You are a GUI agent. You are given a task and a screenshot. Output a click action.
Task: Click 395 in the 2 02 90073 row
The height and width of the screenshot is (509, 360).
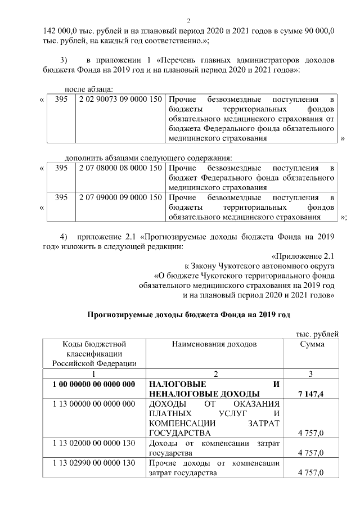61,99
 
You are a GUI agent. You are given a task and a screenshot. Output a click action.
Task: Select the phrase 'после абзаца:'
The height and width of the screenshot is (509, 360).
89,89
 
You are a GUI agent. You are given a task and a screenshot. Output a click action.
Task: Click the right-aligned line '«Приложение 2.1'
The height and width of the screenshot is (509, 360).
303,256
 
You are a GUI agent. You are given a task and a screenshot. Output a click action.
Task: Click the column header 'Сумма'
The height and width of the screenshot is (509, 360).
311,344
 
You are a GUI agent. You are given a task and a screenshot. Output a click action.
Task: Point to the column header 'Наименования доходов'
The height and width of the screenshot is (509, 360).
214,344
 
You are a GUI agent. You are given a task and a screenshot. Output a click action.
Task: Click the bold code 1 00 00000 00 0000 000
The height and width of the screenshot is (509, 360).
93,384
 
